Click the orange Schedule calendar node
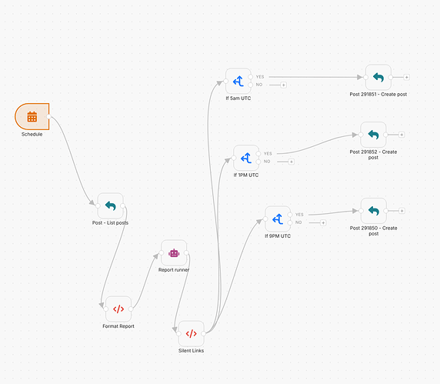(x=32, y=116)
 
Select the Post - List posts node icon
(x=110, y=205)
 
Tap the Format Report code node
(x=118, y=309)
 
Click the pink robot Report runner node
(x=174, y=253)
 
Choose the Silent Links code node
(x=191, y=333)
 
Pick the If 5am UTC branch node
(x=238, y=81)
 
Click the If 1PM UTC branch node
(x=246, y=158)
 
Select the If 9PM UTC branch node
(x=278, y=219)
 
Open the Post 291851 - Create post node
(x=378, y=77)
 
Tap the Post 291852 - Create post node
(x=373, y=135)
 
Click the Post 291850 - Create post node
(x=374, y=211)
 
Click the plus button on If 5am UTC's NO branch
(x=283, y=85)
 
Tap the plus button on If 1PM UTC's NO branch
(x=292, y=162)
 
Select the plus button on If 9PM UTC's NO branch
(x=323, y=223)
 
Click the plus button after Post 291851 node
(x=406, y=77)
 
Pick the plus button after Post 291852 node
(x=402, y=135)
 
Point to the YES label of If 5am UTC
(x=260, y=77)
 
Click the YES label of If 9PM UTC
(x=299, y=215)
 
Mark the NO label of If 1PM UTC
(x=267, y=162)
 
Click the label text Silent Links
(x=191, y=351)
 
